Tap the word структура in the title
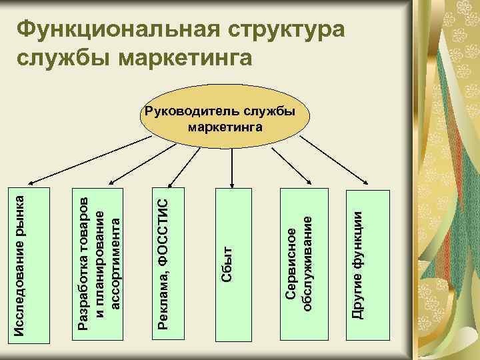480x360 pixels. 287,29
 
